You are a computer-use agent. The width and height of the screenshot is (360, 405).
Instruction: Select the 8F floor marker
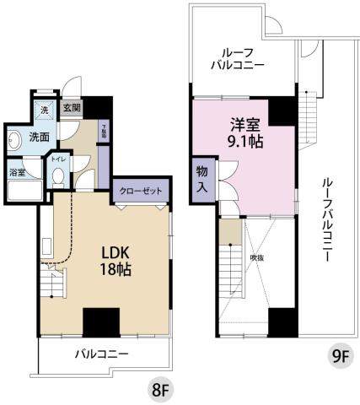tap(160, 390)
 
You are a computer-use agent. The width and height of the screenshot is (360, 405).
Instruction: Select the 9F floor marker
tap(339, 355)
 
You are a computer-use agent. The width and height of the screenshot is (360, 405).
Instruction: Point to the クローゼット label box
tap(140, 192)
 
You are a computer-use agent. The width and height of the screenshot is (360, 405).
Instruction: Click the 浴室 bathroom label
tap(17, 172)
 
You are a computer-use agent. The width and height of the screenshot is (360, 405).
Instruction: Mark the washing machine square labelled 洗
tap(45, 110)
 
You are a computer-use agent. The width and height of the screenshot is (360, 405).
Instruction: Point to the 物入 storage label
tap(202, 178)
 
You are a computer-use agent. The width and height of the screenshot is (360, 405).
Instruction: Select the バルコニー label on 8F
tap(101, 355)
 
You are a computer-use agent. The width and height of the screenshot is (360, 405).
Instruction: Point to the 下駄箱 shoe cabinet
tap(104, 131)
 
